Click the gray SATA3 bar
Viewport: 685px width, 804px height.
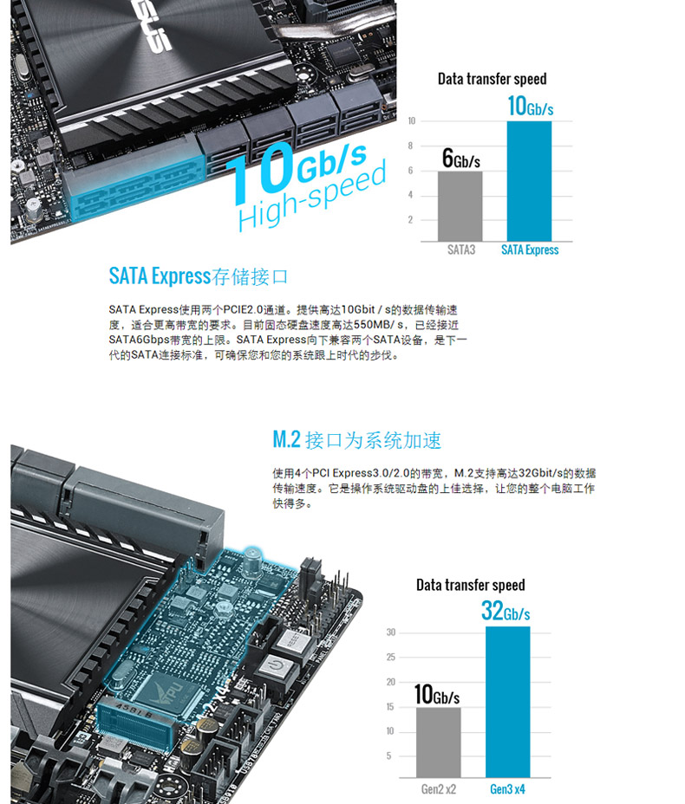point(460,206)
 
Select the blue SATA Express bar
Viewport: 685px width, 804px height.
point(529,181)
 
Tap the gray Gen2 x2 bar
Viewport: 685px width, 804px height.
point(438,742)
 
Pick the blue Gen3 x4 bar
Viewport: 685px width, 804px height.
point(507,702)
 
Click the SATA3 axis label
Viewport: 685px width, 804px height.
point(461,250)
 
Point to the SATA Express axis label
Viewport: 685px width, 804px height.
point(530,250)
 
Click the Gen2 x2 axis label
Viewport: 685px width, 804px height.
point(438,789)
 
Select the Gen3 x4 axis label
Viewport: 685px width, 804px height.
point(507,789)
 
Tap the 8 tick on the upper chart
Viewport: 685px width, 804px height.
point(410,146)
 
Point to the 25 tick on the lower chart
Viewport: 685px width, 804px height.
point(391,657)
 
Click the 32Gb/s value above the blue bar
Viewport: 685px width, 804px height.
point(506,611)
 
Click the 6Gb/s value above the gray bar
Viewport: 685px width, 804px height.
point(460,158)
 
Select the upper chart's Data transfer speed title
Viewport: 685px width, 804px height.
point(492,79)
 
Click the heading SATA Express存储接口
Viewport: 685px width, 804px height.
point(198,276)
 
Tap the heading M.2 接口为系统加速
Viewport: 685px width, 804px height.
point(356,440)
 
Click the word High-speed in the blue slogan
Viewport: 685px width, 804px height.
point(312,195)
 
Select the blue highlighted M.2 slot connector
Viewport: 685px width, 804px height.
point(135,722)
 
